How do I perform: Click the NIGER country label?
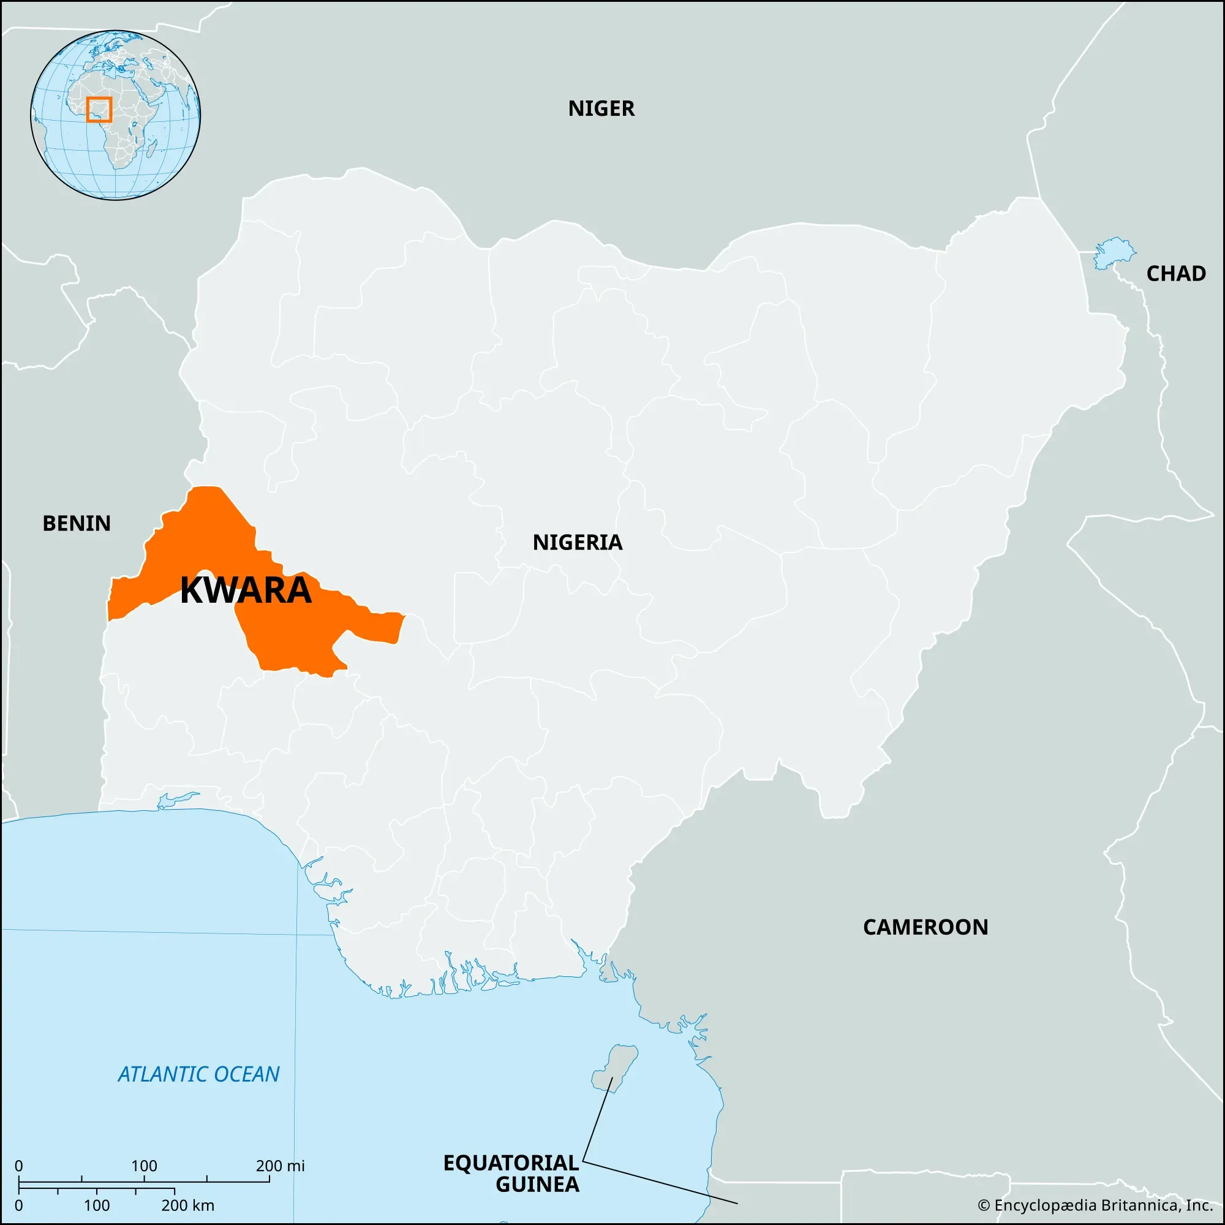tap(601, 108)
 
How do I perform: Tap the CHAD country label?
tap(1175, 273)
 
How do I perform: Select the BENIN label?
tap(77, 523)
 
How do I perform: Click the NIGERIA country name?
tap(577, 542)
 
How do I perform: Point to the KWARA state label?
tap(246, 590)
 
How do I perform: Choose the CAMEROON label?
tap(925, 927)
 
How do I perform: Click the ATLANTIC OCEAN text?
tap(198, 1074)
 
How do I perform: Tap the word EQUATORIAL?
tap(511, 1163)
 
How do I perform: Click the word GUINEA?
tap(537, 1185)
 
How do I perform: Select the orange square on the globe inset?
tap(99, 110)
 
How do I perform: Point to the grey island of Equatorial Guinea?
tap(614, 1069)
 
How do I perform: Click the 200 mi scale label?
tap(281, 1166)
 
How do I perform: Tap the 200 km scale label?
tap(187, 1205)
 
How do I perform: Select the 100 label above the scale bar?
tap(144, 1166)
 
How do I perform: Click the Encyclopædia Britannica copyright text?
tap(1095, 1205)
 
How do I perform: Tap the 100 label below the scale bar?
tap(96, 1205)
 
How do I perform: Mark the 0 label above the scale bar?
tap(19, 1166)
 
